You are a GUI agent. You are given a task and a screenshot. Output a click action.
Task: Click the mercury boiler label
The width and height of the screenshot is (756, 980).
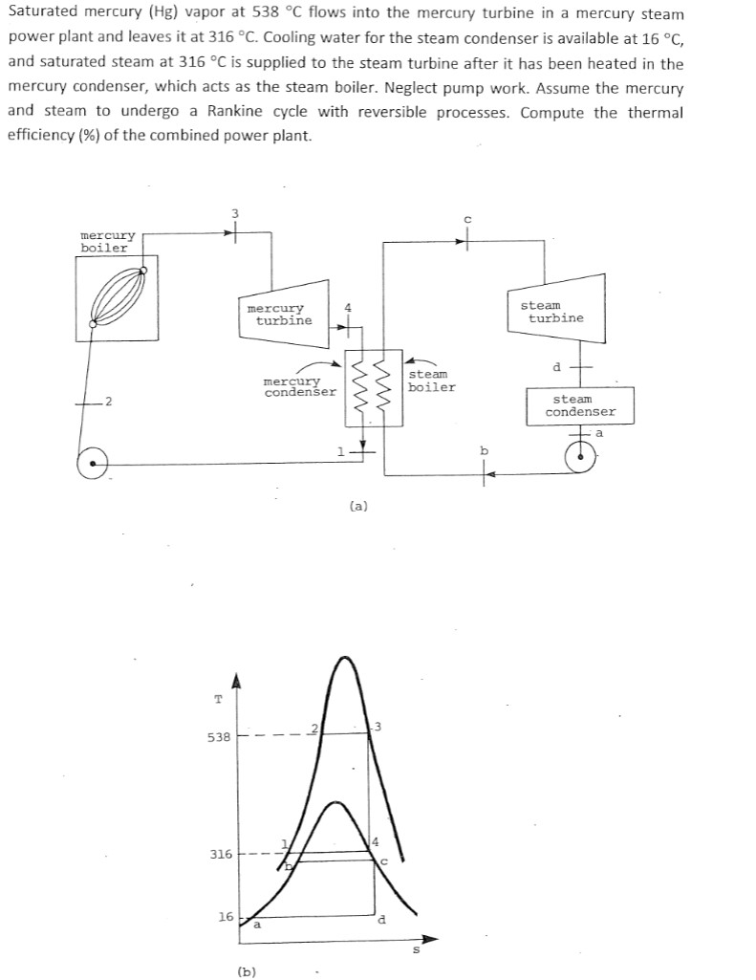click(108, 241)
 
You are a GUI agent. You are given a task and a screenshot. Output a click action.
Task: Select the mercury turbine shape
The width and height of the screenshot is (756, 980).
click(284, 314)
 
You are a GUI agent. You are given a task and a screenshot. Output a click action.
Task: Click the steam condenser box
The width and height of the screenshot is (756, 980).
click(580, 405)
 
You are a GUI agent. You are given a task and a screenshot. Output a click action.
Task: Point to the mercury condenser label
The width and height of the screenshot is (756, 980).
click(299, 386)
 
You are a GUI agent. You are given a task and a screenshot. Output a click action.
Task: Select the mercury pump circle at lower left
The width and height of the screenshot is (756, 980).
click(93, 464)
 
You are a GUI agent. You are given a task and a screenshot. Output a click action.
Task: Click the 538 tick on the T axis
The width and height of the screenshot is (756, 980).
click(220, 738)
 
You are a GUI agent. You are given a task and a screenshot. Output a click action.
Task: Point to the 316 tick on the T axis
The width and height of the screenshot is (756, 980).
click(220, 854)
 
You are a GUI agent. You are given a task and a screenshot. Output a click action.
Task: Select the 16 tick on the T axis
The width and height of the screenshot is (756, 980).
click(226, 917)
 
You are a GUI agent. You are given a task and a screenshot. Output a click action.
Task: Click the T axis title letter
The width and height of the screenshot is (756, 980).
click(218, 699)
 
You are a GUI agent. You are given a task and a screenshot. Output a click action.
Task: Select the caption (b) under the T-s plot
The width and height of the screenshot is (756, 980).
click(248, 971)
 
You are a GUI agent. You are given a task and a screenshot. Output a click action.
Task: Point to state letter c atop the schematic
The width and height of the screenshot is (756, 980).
click(466, 220)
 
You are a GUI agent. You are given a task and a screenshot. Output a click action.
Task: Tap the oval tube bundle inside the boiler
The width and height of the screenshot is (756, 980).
click(118, 297)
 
